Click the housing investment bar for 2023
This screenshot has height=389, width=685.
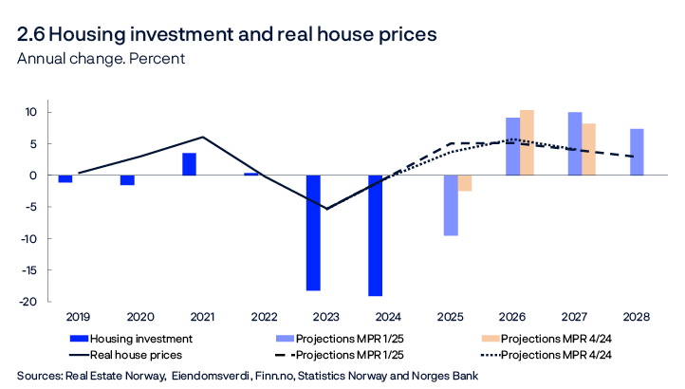[313, 232]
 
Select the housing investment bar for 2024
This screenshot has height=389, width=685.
[376, 235]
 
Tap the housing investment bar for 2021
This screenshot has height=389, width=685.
[190, 164]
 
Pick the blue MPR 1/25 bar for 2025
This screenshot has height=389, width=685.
[451, 205]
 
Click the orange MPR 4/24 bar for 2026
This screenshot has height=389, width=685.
[527, 143]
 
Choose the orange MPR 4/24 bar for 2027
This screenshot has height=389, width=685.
[589, 150]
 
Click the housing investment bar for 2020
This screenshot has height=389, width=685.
[127, 180]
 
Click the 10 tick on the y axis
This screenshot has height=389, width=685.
[30, 113]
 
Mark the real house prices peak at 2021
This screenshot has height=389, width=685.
[201, 137]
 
